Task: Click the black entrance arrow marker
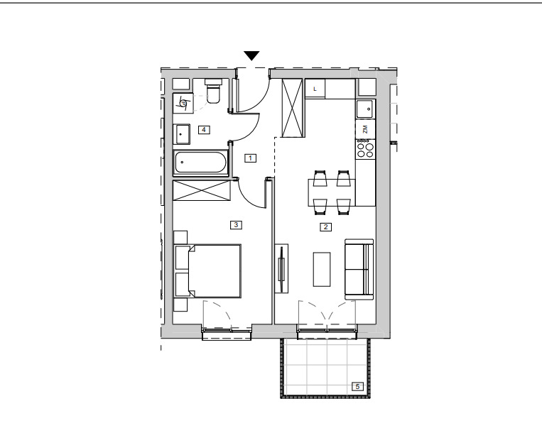click(251, 55)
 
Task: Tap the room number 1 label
click(250, 158)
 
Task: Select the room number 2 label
click(325, 227)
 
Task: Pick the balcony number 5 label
click(357, 387)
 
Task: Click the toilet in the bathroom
click(213, 91)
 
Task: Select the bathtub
click(200, 163)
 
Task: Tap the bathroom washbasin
click(181, 134)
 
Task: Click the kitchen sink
click(365, 109)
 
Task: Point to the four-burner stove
click(365, 148)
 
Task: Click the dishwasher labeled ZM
click(365, 130)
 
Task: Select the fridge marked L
click(315, 89)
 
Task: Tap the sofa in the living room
click(359, 270)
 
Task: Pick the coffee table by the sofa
click(322, 269)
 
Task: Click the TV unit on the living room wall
click(282, 268)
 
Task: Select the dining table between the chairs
click(332, 192)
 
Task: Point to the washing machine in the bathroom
click(183, 103)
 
